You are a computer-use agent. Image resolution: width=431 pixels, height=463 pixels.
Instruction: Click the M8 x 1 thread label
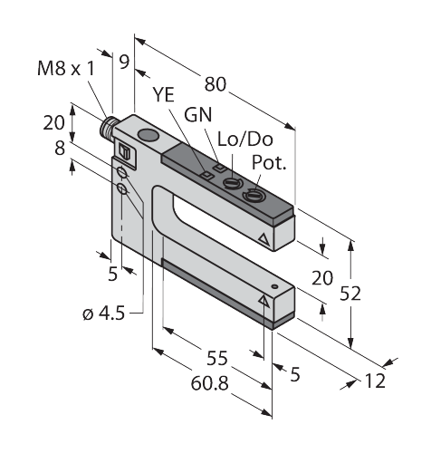coord(66,68)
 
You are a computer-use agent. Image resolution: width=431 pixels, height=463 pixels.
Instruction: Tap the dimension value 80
coord(215,84)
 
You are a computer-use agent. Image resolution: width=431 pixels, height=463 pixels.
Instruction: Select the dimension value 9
coord(124,62)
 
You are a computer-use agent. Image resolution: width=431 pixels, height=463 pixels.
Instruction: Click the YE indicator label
coord(163,94)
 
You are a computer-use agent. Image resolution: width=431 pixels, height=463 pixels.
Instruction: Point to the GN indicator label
coord(198,114)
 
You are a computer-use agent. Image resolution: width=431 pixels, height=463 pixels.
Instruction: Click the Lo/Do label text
coord(245,140)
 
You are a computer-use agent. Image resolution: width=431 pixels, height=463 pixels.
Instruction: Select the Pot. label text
coord(269,162)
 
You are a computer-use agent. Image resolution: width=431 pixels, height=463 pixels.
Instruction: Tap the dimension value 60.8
coord(209,383)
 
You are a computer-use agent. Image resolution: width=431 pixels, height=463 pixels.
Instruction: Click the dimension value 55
coord(217,359)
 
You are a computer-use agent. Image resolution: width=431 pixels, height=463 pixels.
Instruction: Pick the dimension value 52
coord(350,294)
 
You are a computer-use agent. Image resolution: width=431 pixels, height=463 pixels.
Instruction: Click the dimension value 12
coord(375,381)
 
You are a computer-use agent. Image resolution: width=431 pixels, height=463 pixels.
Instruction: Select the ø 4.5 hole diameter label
coord(103,313)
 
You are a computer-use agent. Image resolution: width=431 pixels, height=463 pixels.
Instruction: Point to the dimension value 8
coord(60,148)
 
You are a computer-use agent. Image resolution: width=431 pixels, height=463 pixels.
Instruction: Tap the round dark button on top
coord(148,135)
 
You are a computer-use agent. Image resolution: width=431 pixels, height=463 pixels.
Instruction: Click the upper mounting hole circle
coord(122,172)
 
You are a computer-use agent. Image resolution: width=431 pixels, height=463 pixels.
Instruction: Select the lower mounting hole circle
coord(122,189)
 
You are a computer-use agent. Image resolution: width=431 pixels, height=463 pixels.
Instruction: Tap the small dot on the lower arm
coord(274,286)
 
